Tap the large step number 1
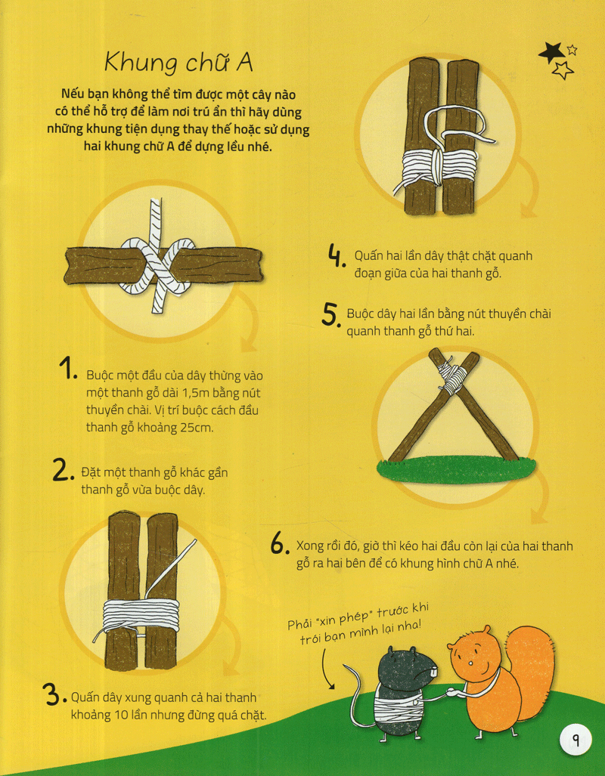(x=66, y=369)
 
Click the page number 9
(x=576, y=740)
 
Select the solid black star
(x=551, y=52)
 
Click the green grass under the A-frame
(x=456, y=469)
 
